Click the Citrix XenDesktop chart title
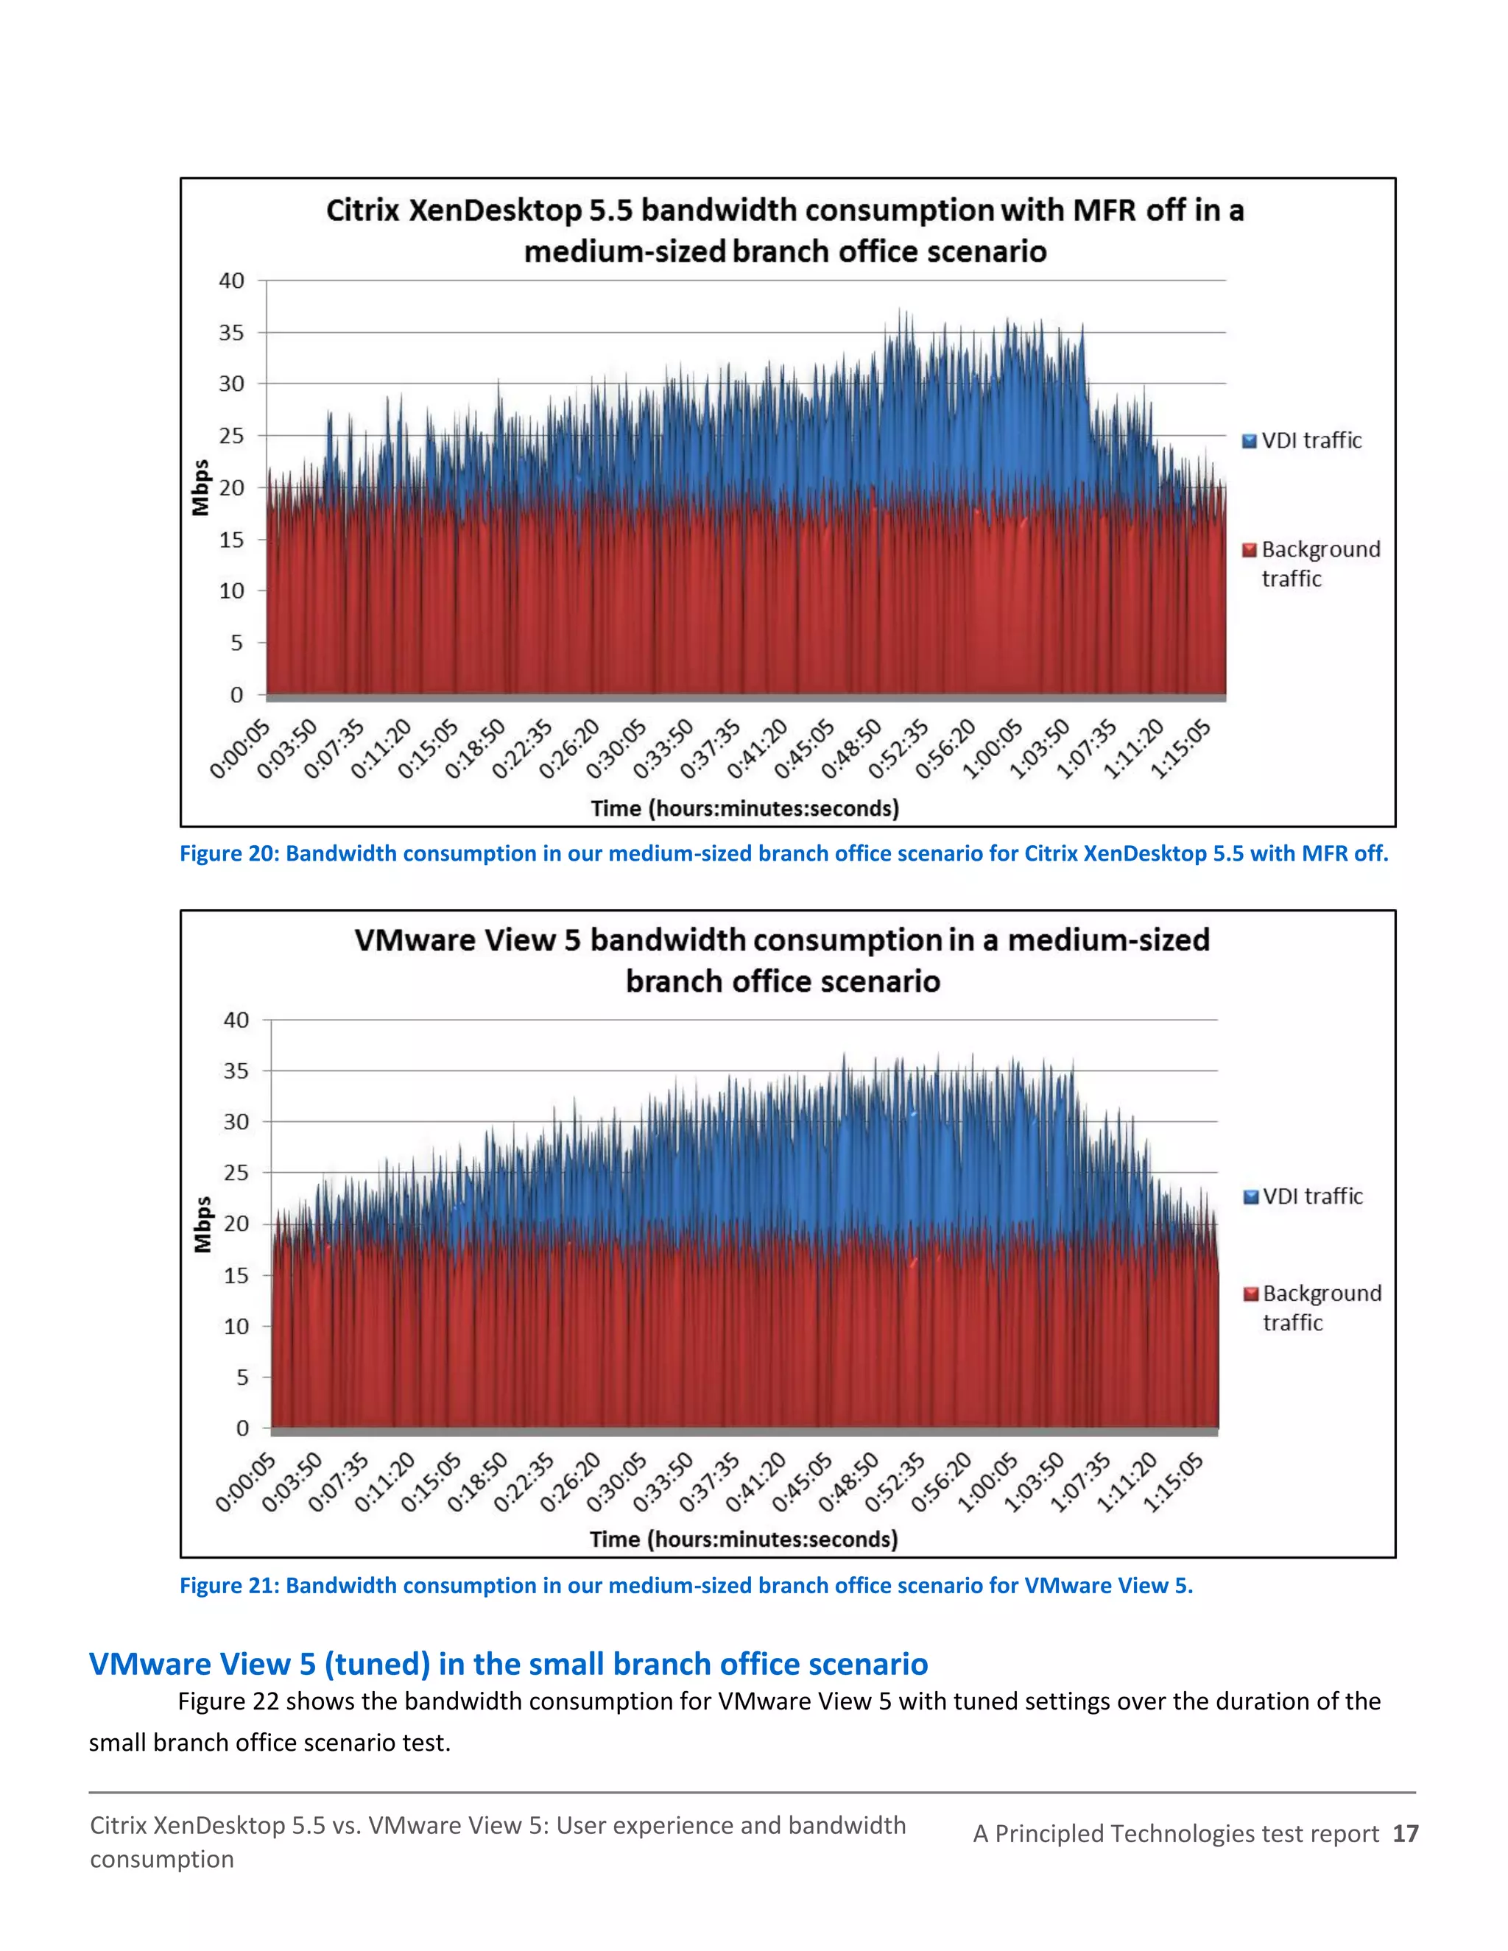click(784, 230)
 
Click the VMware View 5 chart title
click(782, 960)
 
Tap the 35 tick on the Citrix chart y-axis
click(231, 332)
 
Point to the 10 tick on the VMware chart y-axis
click(236, 1327)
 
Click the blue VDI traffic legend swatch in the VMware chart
click(1251, 1197)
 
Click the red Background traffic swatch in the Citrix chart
click(1249, 550)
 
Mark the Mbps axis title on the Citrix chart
click(200, 487)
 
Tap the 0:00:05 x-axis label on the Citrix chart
click(239, 750)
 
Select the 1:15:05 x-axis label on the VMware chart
click(1173, 1483)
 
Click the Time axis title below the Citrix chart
click(744, 808)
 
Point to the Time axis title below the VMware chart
click(743, 1539)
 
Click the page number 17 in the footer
click(1405, 1833)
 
